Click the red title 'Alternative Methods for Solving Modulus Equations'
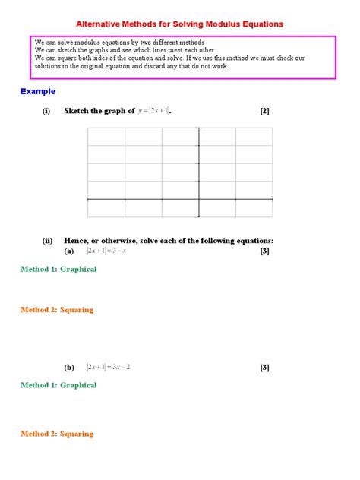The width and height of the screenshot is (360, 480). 180,24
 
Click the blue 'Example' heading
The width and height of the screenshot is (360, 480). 38,91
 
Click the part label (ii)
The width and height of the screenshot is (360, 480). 47,241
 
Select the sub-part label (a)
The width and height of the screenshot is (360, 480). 69,251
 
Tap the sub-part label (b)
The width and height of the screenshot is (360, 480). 69,367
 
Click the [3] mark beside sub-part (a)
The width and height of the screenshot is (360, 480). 264,251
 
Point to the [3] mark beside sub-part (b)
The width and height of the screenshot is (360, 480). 264,368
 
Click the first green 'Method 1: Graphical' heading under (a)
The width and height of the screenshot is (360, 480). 58,269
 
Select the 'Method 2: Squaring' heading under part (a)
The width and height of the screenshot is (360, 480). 57,309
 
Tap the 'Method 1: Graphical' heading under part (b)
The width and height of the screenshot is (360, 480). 58,385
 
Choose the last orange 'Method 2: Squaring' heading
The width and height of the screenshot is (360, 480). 57,434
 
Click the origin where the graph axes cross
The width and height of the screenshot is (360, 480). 199,199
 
